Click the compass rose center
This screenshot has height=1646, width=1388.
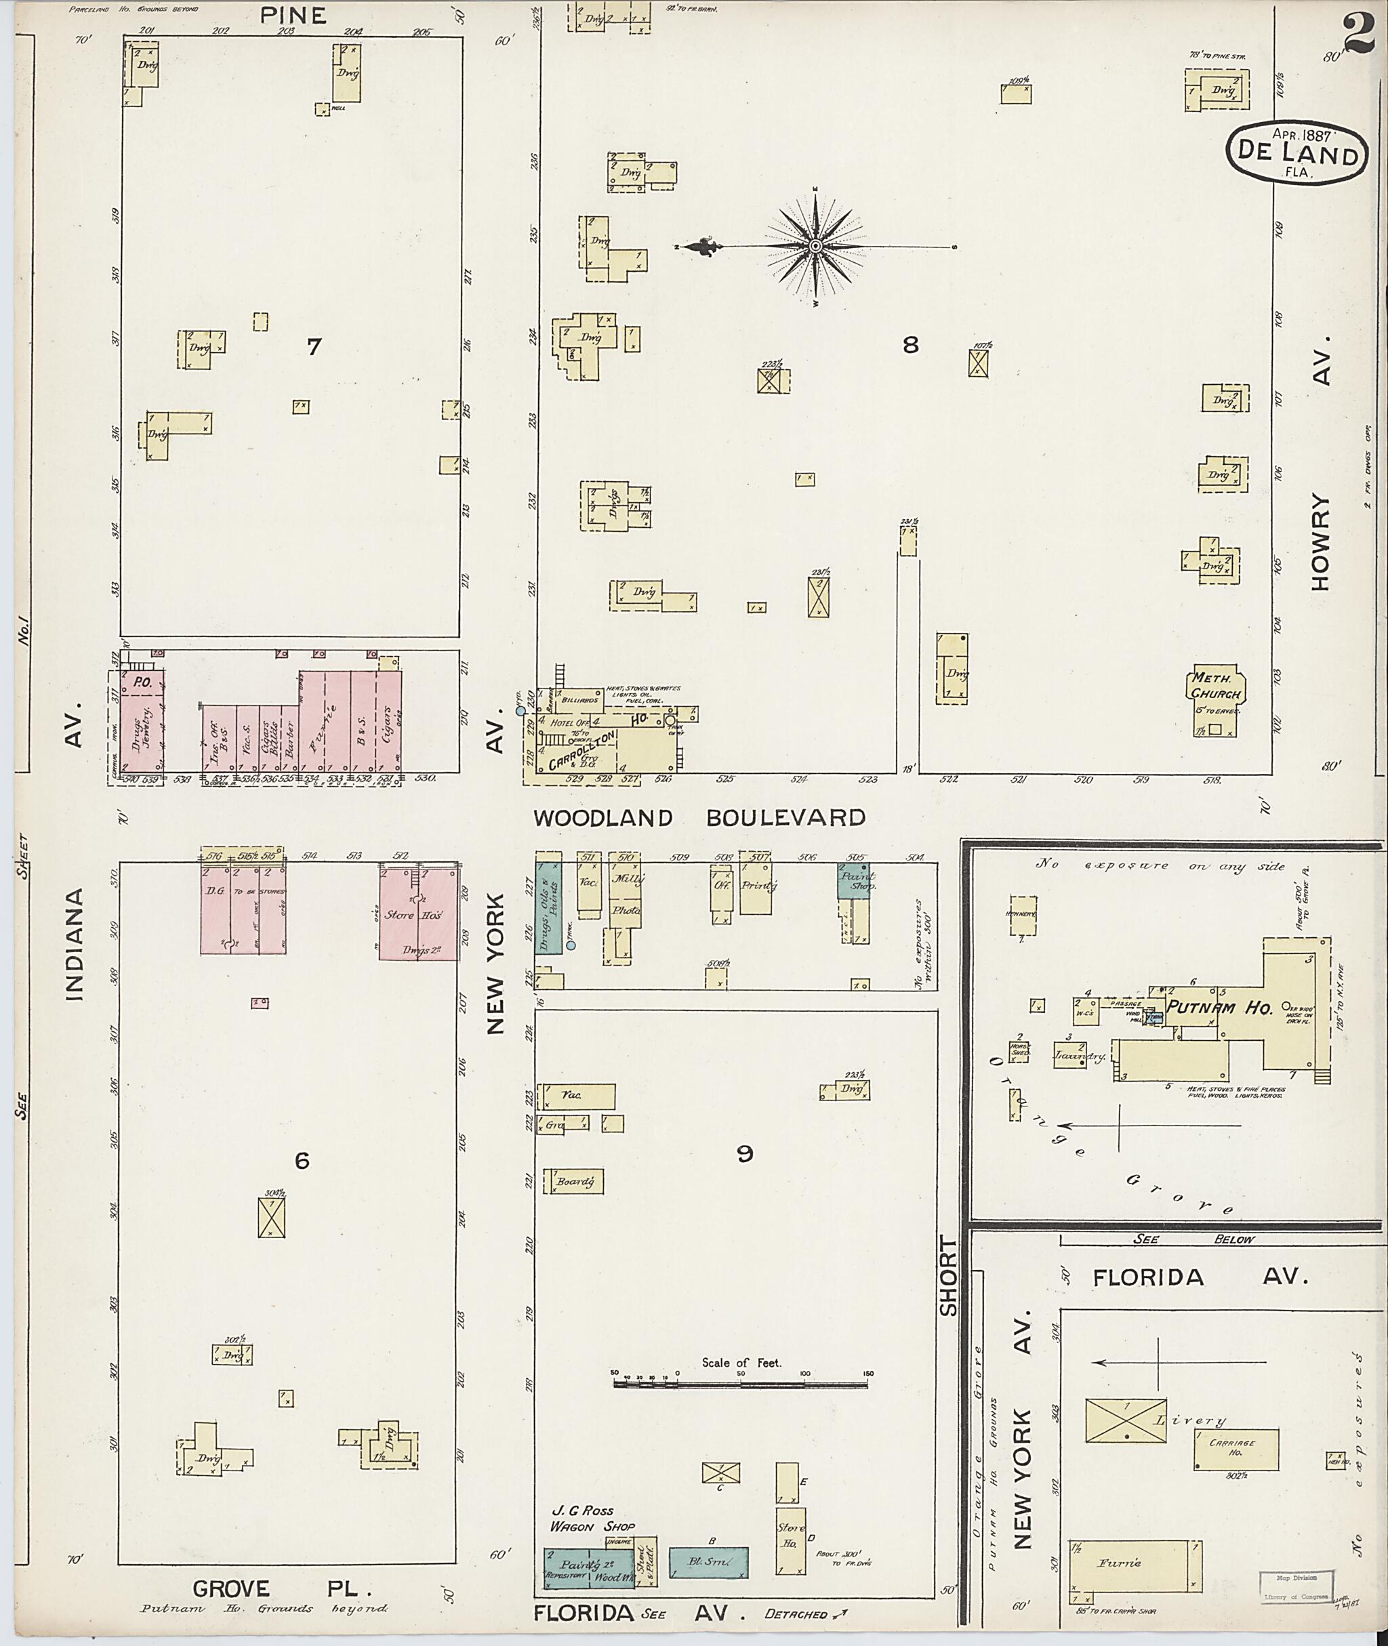[x=816, y=247]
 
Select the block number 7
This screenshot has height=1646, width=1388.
[x=314, y=346]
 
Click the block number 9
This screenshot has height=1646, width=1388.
[x=744, y=1154]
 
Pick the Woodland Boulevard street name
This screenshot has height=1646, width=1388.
[x=699, y=817]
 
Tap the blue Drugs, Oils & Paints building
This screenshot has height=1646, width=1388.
[x=548, y=908]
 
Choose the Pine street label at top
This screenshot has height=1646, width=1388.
[x=293, y=15]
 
